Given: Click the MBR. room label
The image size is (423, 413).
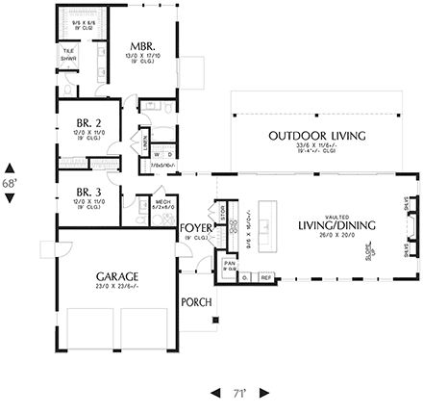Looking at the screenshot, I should pos(142,46).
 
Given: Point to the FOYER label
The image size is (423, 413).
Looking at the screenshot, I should pos(196,227).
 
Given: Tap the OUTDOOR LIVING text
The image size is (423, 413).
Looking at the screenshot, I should pos(316,135).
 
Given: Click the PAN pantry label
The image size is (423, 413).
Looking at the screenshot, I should pos(230,261).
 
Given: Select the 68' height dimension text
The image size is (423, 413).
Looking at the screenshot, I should pos(10,181).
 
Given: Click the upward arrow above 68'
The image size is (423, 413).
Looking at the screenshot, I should pos(10,165).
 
